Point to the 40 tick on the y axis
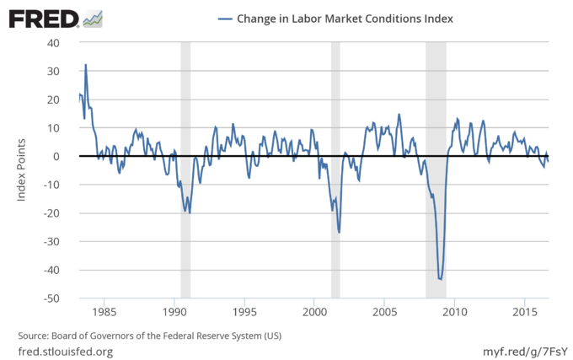click(53, 43)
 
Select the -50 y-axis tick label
click(51, 298)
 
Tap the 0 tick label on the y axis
click(56, 157)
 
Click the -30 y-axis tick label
click(51, 242)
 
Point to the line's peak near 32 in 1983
click(85, 65)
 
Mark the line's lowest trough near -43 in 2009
click(440, 278)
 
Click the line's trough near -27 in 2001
click(339, 232)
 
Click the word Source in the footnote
click(35, 336)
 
